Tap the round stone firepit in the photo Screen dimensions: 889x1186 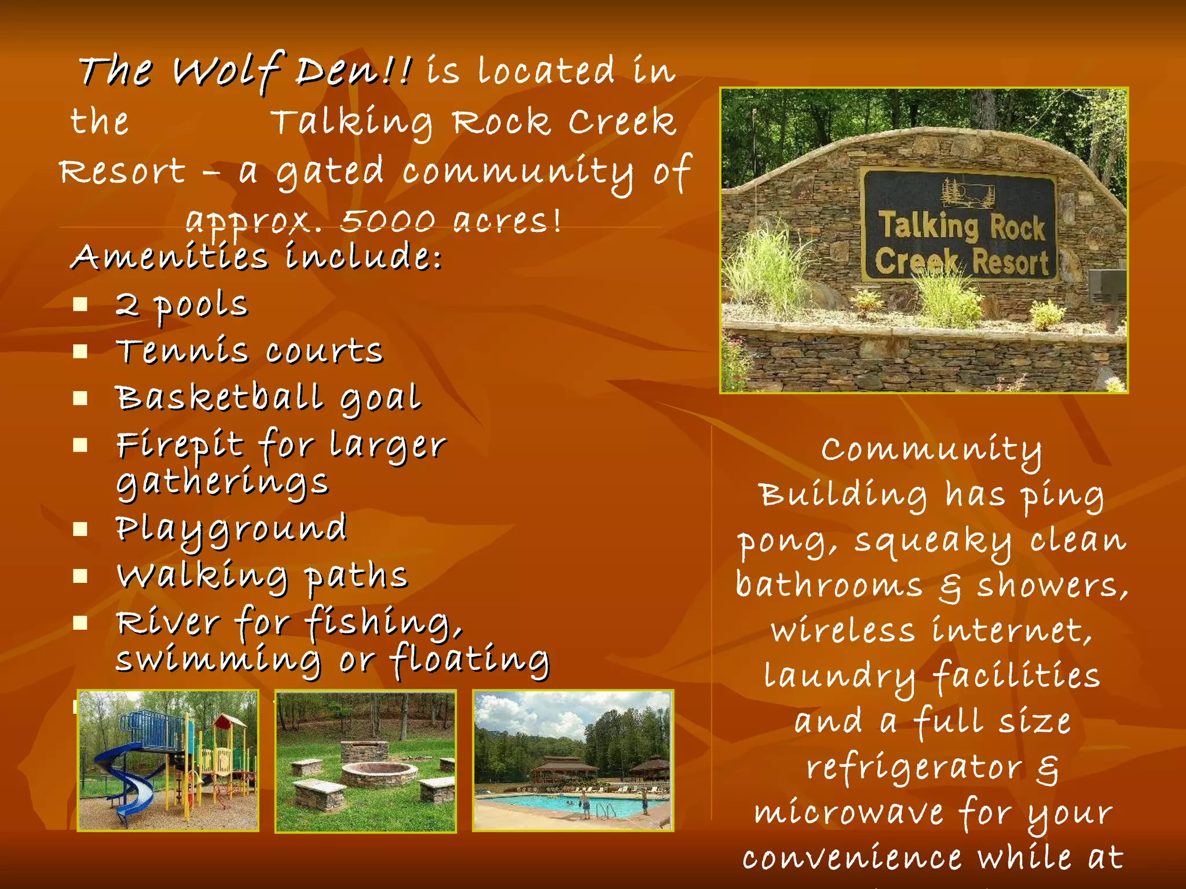click(379, 773)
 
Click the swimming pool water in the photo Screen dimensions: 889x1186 click(556, 804)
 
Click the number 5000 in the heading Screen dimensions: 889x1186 click(387, 221)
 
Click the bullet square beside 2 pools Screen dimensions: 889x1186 click(80, 304)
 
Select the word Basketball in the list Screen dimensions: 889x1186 click(219, 398)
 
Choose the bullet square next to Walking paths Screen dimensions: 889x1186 click(80, 576)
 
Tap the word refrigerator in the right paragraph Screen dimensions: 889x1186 click(914, 768)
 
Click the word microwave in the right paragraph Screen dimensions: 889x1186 click(849, 813)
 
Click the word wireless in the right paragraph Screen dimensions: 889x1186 click(843, 631)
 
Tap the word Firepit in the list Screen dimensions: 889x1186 click(180, 446)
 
